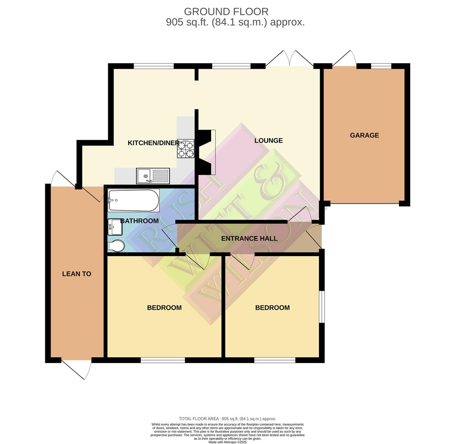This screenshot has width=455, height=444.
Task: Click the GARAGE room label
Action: click(364, 135)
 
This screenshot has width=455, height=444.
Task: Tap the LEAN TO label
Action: click(77, 274)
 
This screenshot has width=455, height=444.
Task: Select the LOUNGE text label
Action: click(268, 141)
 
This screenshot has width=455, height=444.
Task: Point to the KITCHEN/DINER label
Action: click(153, 143)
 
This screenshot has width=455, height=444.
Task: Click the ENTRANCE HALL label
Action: click(249, 238)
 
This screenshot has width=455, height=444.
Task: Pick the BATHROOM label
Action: click(139, 221)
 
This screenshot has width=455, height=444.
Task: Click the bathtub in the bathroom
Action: click(133, 200)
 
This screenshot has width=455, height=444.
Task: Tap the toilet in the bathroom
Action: click(116, 246)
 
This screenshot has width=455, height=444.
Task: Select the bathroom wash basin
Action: click(115, 227)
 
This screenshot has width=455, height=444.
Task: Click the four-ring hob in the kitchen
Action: click(186, 149)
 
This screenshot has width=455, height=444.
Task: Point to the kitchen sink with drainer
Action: click(153, 176)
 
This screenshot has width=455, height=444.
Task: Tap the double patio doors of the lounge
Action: click(290, 60)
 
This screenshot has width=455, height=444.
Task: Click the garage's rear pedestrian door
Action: click(345, 60)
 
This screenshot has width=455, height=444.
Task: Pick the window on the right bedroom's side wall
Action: click(322, 307)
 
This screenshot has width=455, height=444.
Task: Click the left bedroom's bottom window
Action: click(162, 360)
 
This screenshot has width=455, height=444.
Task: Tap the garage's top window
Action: click(381, 66)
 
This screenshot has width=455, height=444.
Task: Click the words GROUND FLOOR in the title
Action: click(226, 12)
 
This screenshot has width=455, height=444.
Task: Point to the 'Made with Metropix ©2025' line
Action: click(227, 442)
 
